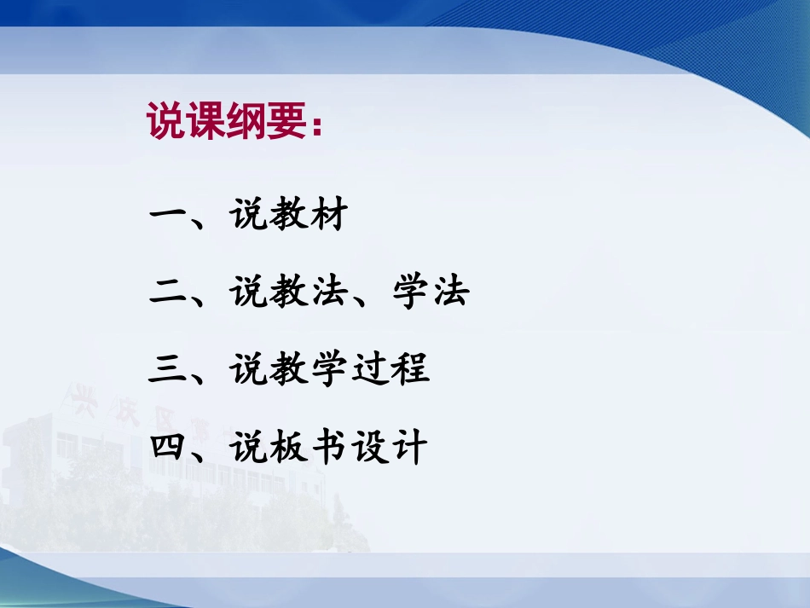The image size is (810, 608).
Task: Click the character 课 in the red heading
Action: tap(207, 122)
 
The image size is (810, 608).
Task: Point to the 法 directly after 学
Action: tap(449, 293)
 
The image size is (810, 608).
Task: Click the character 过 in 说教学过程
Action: tap(369, 370)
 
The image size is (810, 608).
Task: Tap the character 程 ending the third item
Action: tap(409, 370)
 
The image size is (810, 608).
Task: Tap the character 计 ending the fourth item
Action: tap(409, 447)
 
